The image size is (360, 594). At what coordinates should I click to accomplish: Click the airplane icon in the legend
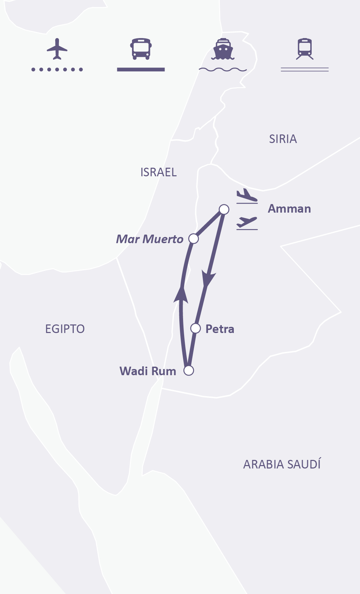[57, 49]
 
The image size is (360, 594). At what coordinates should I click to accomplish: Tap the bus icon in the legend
[141, 49]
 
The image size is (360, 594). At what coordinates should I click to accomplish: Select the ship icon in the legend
[223, 49]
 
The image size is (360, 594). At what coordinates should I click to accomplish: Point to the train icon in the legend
[305, 49]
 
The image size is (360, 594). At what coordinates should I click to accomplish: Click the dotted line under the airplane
[57, 70]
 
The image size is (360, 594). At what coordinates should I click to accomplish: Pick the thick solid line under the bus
[141, 70]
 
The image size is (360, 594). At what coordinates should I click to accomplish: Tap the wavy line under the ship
[223, 70]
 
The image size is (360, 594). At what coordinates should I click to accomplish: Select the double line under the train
[305, 70]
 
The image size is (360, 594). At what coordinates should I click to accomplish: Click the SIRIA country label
[283, 139]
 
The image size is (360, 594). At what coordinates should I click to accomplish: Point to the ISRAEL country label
[158, 172]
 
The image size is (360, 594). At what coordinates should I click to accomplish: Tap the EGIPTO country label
[65, 329]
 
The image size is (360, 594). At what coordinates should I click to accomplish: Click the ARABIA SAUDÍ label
[282, 464]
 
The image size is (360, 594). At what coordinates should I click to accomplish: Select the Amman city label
[289, 209]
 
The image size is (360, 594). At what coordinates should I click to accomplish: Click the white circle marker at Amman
[224, 209]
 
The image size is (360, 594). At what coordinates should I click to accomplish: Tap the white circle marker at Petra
[195, 328]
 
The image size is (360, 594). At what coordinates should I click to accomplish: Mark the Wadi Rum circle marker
[189, 370]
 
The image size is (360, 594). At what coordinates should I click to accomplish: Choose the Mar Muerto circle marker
[194, 239]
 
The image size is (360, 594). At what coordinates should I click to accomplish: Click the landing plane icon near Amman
[247, 195]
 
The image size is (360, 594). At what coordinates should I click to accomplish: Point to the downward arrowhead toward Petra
[208, 278]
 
